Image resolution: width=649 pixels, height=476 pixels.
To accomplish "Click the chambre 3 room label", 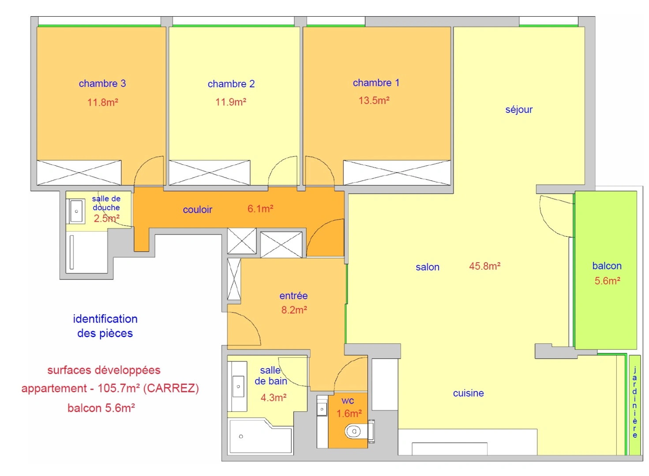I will click(x=102, y=83).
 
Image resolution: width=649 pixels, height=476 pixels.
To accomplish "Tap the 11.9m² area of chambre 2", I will click(x=231, y=102).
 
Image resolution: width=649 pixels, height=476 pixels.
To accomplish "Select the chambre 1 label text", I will click(x=376, y=83).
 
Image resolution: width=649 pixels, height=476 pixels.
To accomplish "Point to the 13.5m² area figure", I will click(x=374, y=100).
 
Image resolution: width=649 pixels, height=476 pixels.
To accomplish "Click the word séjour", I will click(x=519, y=109).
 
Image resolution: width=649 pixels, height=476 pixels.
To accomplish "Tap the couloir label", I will click(x=198, y=210).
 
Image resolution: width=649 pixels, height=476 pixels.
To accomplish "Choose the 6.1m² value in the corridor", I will click(x=260, y=209).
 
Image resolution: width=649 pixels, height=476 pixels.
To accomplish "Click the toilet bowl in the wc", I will click(x=353, y=431).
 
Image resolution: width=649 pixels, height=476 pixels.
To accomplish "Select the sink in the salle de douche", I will click(x=77, y=212).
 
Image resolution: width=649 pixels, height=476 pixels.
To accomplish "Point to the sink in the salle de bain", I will click(x=238, y=387).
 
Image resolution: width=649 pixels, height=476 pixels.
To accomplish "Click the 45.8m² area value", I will click(x=484, y=266).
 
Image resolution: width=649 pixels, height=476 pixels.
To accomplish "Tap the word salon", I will click(x=428, y=267).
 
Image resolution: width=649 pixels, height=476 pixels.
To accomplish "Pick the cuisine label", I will click(x=468, y=393).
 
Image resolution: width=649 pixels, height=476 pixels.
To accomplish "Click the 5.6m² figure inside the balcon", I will click(x=607, y=281).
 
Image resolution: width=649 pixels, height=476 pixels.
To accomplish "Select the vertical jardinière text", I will click(x=635, y=402).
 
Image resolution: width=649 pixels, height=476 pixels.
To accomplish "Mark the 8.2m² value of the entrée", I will click(x=294, y=310).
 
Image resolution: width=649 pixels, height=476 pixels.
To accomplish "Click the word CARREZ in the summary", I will click(x=171, y=388).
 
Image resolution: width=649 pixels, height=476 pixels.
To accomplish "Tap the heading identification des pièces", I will click(x=105, y=326).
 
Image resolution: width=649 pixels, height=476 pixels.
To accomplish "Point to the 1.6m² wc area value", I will click(x=349, y=413).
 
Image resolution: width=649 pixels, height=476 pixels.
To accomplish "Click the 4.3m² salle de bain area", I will click(x=274, y=398).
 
